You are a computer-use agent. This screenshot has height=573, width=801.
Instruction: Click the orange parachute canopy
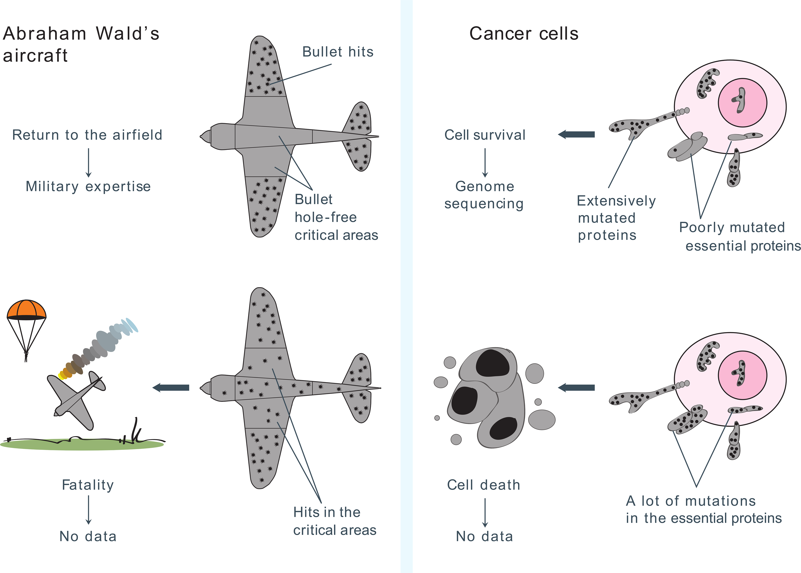27,310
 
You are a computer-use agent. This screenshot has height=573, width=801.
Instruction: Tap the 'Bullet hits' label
338,52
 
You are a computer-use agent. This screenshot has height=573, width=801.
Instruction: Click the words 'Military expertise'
88,186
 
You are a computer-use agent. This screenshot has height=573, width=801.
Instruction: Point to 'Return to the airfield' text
87,135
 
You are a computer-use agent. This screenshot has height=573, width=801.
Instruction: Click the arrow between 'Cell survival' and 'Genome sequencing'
485,162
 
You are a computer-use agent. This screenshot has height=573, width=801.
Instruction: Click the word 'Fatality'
88,485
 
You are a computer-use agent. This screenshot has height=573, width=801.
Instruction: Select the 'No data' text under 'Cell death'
484,536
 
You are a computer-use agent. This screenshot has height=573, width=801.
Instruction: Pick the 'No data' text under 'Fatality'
88,536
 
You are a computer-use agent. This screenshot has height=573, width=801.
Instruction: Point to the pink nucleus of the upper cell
742,103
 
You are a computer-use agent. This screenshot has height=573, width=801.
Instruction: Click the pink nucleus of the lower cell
742,375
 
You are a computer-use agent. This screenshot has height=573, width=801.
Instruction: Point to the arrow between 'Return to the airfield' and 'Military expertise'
89,162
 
